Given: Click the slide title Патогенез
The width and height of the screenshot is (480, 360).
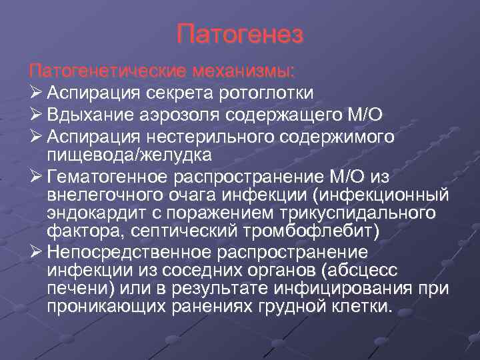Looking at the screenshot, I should pyautogui.click(x=240, y=34).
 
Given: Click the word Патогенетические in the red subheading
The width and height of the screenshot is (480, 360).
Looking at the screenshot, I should pyautogui.click(x=109, y=71).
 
